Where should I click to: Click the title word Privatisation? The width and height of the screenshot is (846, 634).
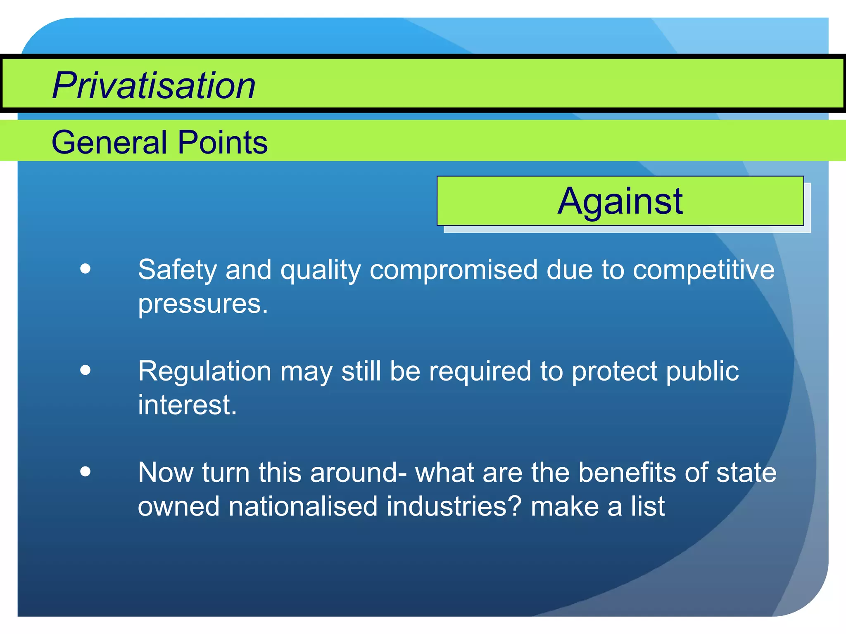[154, 85]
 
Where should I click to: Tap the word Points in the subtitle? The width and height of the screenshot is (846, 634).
[223, 142]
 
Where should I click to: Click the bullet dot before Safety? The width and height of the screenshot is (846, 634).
[86, 269]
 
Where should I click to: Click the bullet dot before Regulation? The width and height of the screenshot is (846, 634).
[86, 370]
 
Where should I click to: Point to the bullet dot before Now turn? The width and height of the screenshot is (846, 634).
[86, 471]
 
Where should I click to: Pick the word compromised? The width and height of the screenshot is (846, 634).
[454, 270]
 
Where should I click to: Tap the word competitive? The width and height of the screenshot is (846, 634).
[703, 270]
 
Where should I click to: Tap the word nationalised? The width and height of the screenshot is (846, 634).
[303, 506]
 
